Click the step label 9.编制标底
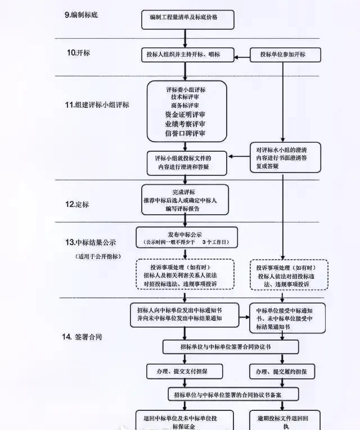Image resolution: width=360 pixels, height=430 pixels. tap(81, 13)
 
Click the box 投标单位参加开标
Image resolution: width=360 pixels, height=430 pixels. tap(285, 55)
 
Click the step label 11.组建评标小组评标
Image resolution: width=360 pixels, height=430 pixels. tap(97, 105)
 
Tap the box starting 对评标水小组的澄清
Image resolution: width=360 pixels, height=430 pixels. tap(285, 159)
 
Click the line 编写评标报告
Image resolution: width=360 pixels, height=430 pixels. tap(185, 209)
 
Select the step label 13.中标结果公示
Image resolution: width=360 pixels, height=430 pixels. tap(91, 242)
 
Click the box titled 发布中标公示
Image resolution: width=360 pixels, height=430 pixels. tap(185, 238)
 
